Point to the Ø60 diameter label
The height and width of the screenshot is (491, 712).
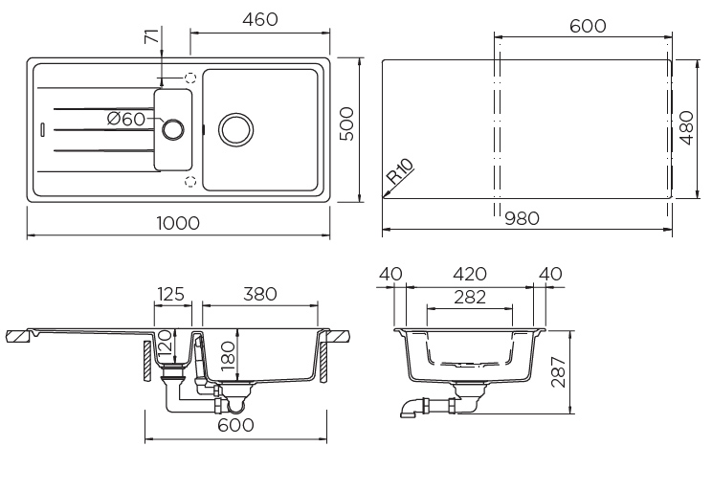126,119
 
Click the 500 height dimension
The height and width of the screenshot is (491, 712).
347,123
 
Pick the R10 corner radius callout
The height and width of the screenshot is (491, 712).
400,173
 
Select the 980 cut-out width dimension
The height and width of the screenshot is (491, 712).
522,218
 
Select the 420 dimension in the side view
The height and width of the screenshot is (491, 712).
468,274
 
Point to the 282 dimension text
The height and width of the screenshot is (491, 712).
468,298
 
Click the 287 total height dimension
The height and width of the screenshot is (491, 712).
561,372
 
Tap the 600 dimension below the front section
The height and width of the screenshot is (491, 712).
235,425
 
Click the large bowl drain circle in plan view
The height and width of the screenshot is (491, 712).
235,127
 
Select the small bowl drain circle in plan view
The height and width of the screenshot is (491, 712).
174,128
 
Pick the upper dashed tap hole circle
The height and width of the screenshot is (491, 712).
189,78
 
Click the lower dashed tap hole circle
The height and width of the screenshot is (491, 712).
189,179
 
